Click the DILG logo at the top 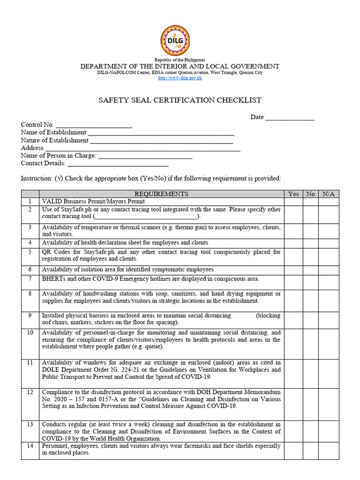[x=176, y=41]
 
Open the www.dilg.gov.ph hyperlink [x=180, y=78]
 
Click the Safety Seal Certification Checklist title [x=180, y=100]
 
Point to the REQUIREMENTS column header [x=161, y=194]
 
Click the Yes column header [x=293, y=194]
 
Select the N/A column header [x=329, y=194]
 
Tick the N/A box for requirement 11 [x=329, y=373]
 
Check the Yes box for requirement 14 [x=293, y=450]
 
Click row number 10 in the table [x=30, y=333]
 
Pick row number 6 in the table [x=30, y=270]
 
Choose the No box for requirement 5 [x=310, y=256]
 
